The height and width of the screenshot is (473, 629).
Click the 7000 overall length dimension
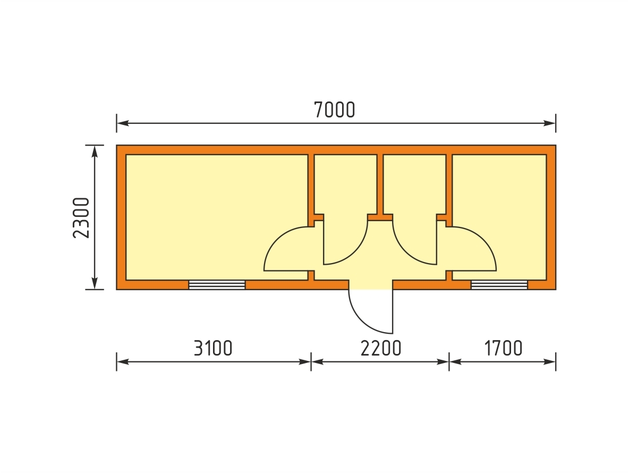pos(335,110)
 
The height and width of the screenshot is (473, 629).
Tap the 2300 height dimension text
pos(81,218)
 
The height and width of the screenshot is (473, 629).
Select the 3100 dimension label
pos(213,348)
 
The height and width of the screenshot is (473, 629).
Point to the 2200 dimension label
pos(381,348)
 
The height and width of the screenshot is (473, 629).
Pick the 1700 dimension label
pos(503,348)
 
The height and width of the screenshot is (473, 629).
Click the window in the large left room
pos(217,285)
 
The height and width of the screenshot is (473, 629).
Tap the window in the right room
pos(499,285)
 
